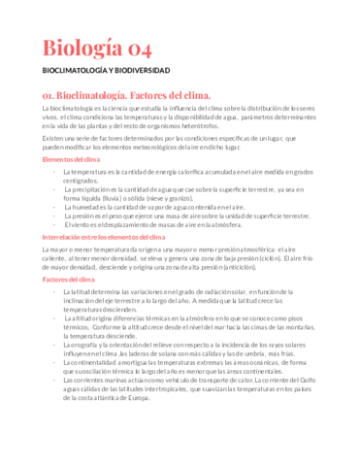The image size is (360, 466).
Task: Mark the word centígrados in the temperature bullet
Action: [x=81, y=181]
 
